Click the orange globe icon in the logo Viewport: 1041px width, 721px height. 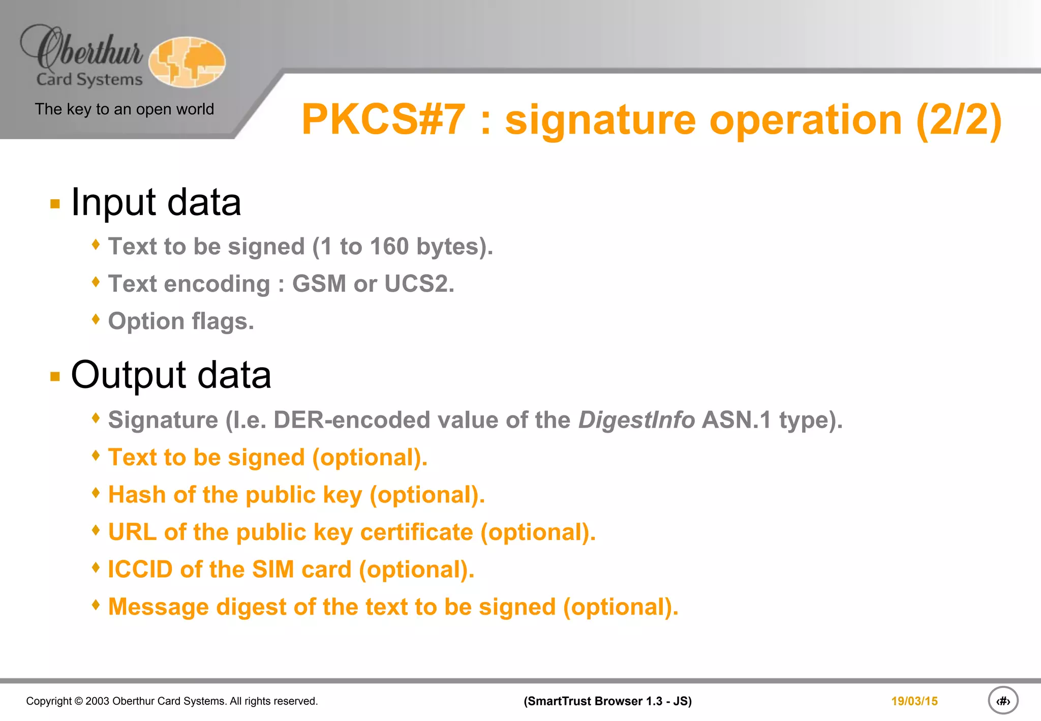[x=187, y=62]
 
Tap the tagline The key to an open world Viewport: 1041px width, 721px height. [x=124, y=109]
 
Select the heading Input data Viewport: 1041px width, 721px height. [x=156, y=202]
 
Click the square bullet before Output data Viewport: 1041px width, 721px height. [x=55, y=376]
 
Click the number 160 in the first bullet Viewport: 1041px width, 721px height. [x=389, y=247]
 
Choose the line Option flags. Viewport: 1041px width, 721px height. [x=181, y=321]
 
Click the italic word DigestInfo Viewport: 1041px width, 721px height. [x=636, y=420]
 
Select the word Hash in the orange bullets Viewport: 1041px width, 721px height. [x=137, y=495]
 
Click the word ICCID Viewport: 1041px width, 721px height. [x=140, y=569]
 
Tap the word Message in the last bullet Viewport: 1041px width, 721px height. [x=158, y=607]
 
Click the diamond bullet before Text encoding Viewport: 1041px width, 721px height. [x=96, y=282]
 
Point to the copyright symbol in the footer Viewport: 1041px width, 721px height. [x=78, y=701]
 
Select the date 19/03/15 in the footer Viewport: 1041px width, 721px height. [x=914, y=701]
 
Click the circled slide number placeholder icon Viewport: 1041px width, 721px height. [x=1002, y=701]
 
